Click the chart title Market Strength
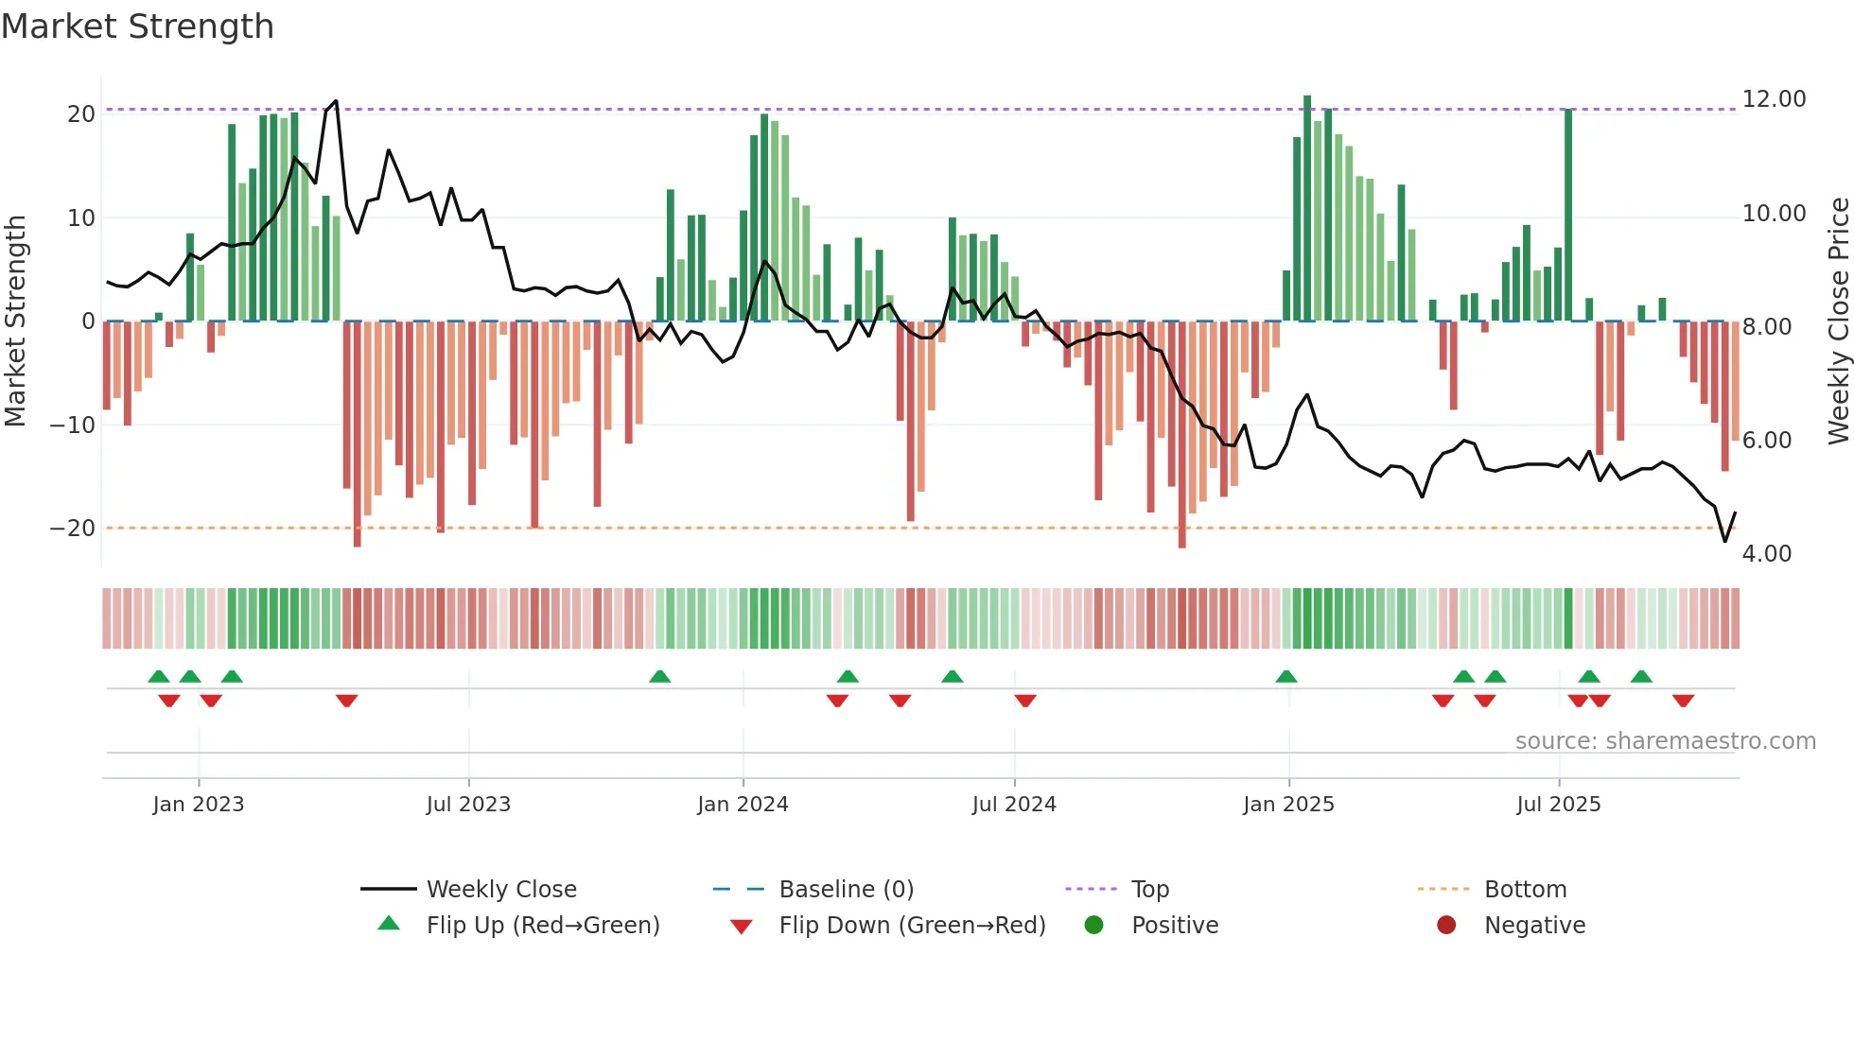tap(137, 26)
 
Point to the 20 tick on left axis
tap(81, 114)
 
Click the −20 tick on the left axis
tap(73, 529)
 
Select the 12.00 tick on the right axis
tap(1774, 99)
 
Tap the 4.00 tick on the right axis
tap(1766, 554)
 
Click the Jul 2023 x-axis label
tap(468, 805)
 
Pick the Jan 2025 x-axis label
tap(1288, 805)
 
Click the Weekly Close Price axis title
tap(1838, 321)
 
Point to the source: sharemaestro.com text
tap(1665, 741)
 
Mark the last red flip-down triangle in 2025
tap(1683, 701)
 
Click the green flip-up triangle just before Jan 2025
tap(1286, 677)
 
